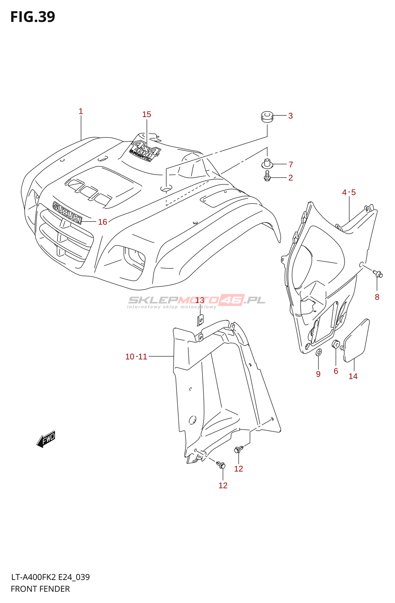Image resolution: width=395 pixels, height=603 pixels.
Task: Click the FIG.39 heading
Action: (x=33, y=17)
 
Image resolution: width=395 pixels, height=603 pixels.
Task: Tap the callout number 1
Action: (x=81, y=111)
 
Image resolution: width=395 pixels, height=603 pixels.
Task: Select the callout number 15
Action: (x=147, y=114)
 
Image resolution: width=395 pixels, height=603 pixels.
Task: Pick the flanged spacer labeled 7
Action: (x=267, y=164)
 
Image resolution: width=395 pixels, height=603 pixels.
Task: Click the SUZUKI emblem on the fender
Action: (x=67, y=213)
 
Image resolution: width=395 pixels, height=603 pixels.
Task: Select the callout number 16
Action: (x=103, y=222)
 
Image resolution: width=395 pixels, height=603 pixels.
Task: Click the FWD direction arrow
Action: (x=46, y=439)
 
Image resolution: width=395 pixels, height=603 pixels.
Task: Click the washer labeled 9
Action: (x=318, y=352)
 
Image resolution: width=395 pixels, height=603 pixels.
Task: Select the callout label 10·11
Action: (x=136, y=357)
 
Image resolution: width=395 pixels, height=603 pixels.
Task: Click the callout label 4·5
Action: (x=349, y=192)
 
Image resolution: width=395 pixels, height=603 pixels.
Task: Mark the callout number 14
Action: (x=353, y=376)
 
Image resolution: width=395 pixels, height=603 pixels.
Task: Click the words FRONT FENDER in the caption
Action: (x=40, y=589)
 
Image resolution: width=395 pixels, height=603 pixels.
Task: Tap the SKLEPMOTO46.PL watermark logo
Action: (x=196, y=300)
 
